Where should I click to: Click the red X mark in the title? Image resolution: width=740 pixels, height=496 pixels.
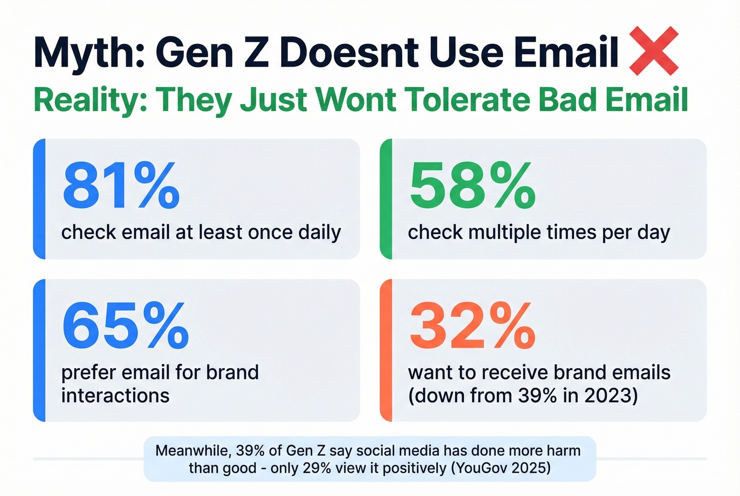(653, 51)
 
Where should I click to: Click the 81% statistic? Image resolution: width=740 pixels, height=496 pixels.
(121, 186)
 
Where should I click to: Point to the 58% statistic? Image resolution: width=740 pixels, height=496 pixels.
(473, 186)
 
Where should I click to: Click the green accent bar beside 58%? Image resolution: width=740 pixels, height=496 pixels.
(386, 199)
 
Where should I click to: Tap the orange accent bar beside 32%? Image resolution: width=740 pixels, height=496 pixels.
(386, 350)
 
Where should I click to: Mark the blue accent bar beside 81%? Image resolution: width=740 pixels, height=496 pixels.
(39, 199)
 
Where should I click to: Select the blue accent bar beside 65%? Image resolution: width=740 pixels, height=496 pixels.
(39, 350)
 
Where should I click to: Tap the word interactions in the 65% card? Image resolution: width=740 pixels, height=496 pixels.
(115, 396)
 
